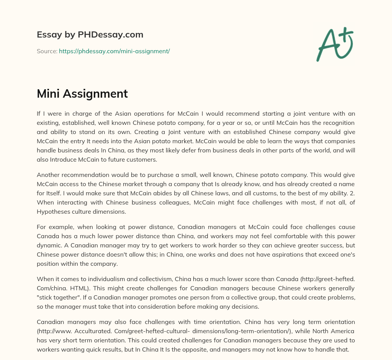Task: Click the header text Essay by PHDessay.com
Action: point(90,35)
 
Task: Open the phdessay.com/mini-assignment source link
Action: point(114,51)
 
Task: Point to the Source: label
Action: point(47,51)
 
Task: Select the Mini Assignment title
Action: point(82,94)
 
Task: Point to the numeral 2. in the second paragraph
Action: point(351,193)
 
